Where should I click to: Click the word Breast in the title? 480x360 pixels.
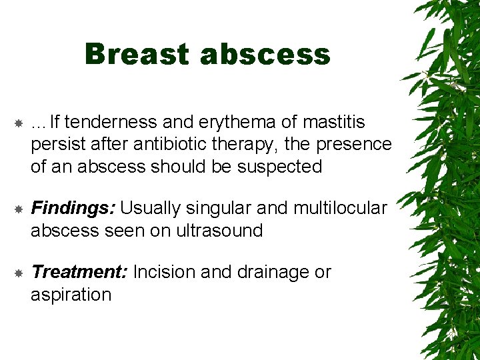tap(137, 54)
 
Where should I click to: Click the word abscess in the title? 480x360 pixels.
tap(265, 54)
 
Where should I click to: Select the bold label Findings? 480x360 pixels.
tap(73, 209)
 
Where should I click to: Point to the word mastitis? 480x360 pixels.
tap(334, 123)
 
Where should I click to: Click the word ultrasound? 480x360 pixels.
tap(219, 231)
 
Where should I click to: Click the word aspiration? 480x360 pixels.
tap(71, 294)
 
